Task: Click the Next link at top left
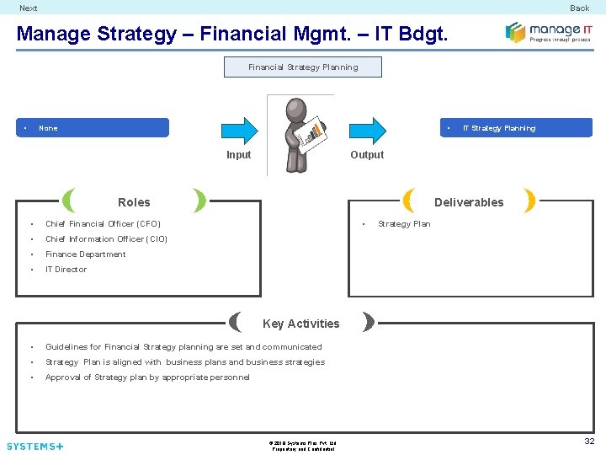[x=29, y=8]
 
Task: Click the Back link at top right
[x=579, y=8]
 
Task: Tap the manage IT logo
[x=549, y=33]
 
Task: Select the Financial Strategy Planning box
[x=303, y=67]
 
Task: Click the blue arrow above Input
[x=239, y=129]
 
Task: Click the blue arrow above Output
[x=367, y=129]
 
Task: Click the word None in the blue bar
[x=48, y=128]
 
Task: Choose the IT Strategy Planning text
[x=499, y=128]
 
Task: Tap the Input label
[x=239, y=155]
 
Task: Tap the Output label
[x=367, y=155]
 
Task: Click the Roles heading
[x=134, y=202]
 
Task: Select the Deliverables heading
[x=469, y=202]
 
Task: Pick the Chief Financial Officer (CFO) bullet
[x=103, y=224]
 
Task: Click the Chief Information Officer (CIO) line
[x=106, y=239]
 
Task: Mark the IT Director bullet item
[x=66, y=270]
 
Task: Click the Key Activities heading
[x=301, y=324]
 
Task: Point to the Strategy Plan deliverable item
[x=404, y=224]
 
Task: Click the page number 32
[x=589, y=441]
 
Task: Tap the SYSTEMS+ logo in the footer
[x=35, y=446]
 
